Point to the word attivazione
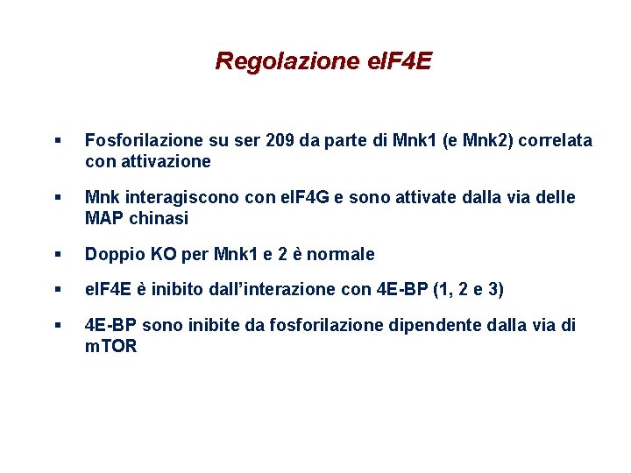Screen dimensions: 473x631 [164, 161]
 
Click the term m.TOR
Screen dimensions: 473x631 [110, 347]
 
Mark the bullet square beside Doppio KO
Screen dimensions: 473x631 [57, 254]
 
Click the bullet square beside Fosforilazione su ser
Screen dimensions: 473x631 [57, 140]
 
